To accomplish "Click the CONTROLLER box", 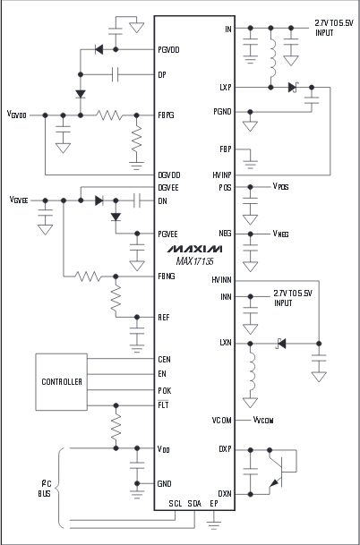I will tap(63, 381).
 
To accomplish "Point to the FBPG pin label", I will tap(167, 115).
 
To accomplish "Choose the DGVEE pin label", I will tap(169, 187).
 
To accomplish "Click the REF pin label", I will tap(164, 317).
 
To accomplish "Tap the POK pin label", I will tap(165, 390).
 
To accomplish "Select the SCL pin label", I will tap(176, 504).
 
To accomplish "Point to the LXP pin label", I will tap(225, 88).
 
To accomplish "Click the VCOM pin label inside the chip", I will tap(222, 419).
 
